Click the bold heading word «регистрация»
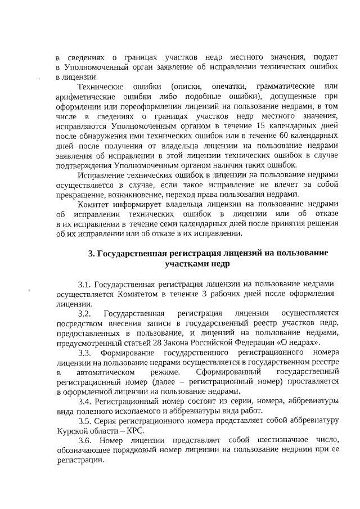pos(189,253)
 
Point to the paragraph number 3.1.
pos(85,283)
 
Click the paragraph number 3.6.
pos(85,440)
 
